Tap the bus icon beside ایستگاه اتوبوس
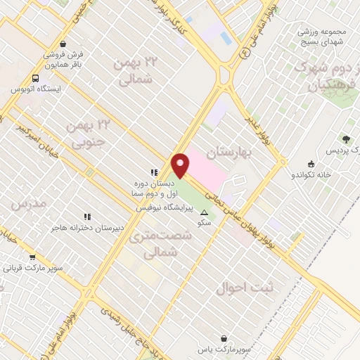(x=35, y=79)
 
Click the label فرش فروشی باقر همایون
(x=64, y=59)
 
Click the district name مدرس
(x=28, y=203)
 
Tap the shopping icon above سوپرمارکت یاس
(x=224, y=338)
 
